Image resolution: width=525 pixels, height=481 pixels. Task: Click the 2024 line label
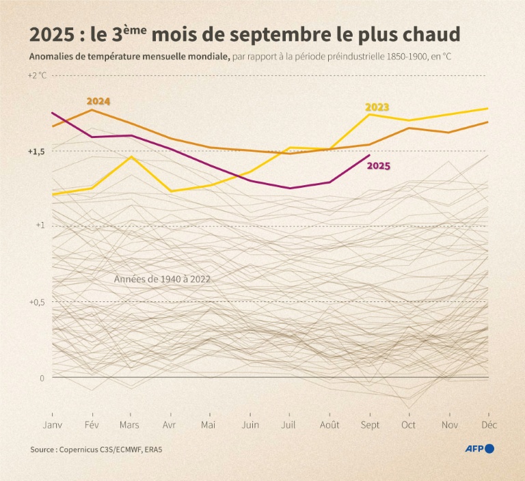tap(98, 101)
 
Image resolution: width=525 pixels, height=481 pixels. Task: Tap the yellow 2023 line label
tap(377, 107)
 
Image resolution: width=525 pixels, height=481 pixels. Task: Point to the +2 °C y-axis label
tap(37, 75)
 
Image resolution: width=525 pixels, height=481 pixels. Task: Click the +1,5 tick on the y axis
tap(37, 151)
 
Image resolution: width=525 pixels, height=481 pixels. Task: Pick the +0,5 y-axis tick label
tap(37, 302)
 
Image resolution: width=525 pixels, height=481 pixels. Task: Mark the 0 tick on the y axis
tap(41, 377)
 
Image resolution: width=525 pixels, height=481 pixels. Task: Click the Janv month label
tap(53, 424)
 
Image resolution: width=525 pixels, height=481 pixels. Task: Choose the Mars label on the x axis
tap(129, 424)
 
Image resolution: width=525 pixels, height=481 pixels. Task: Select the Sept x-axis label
tap(369, 424)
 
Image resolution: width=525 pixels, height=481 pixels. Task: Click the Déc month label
tap(488, 424)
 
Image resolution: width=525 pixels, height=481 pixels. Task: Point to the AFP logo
tap(479, 449)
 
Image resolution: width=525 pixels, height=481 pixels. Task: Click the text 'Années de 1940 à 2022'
tap(162, 279)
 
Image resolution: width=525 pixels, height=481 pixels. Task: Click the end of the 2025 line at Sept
tap(369, 155)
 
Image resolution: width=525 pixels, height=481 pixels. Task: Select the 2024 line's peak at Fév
tap(92, 109)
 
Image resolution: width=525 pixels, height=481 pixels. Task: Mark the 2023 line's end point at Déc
tap(488, 108)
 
